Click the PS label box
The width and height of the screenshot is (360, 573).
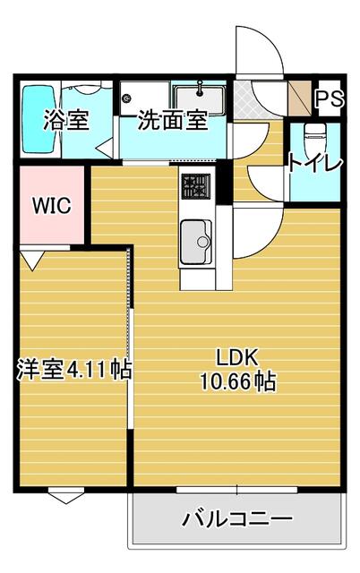(x=330, y=98)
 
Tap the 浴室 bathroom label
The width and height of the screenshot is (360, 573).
(x=67, y=121)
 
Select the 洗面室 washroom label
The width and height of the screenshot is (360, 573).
(x=172, y=121)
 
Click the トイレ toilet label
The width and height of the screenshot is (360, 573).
(x=314, y=163)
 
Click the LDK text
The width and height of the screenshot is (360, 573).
(x=236, y=357)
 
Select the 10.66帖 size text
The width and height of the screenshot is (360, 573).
(x=236, y=381)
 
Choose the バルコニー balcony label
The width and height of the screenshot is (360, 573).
(x=237, y=519)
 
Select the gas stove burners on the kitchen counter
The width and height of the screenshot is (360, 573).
(x=196, y=185)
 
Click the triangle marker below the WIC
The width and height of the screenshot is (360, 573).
(x=32, y=260)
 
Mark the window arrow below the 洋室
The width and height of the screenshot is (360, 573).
(x=66, y=496)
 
